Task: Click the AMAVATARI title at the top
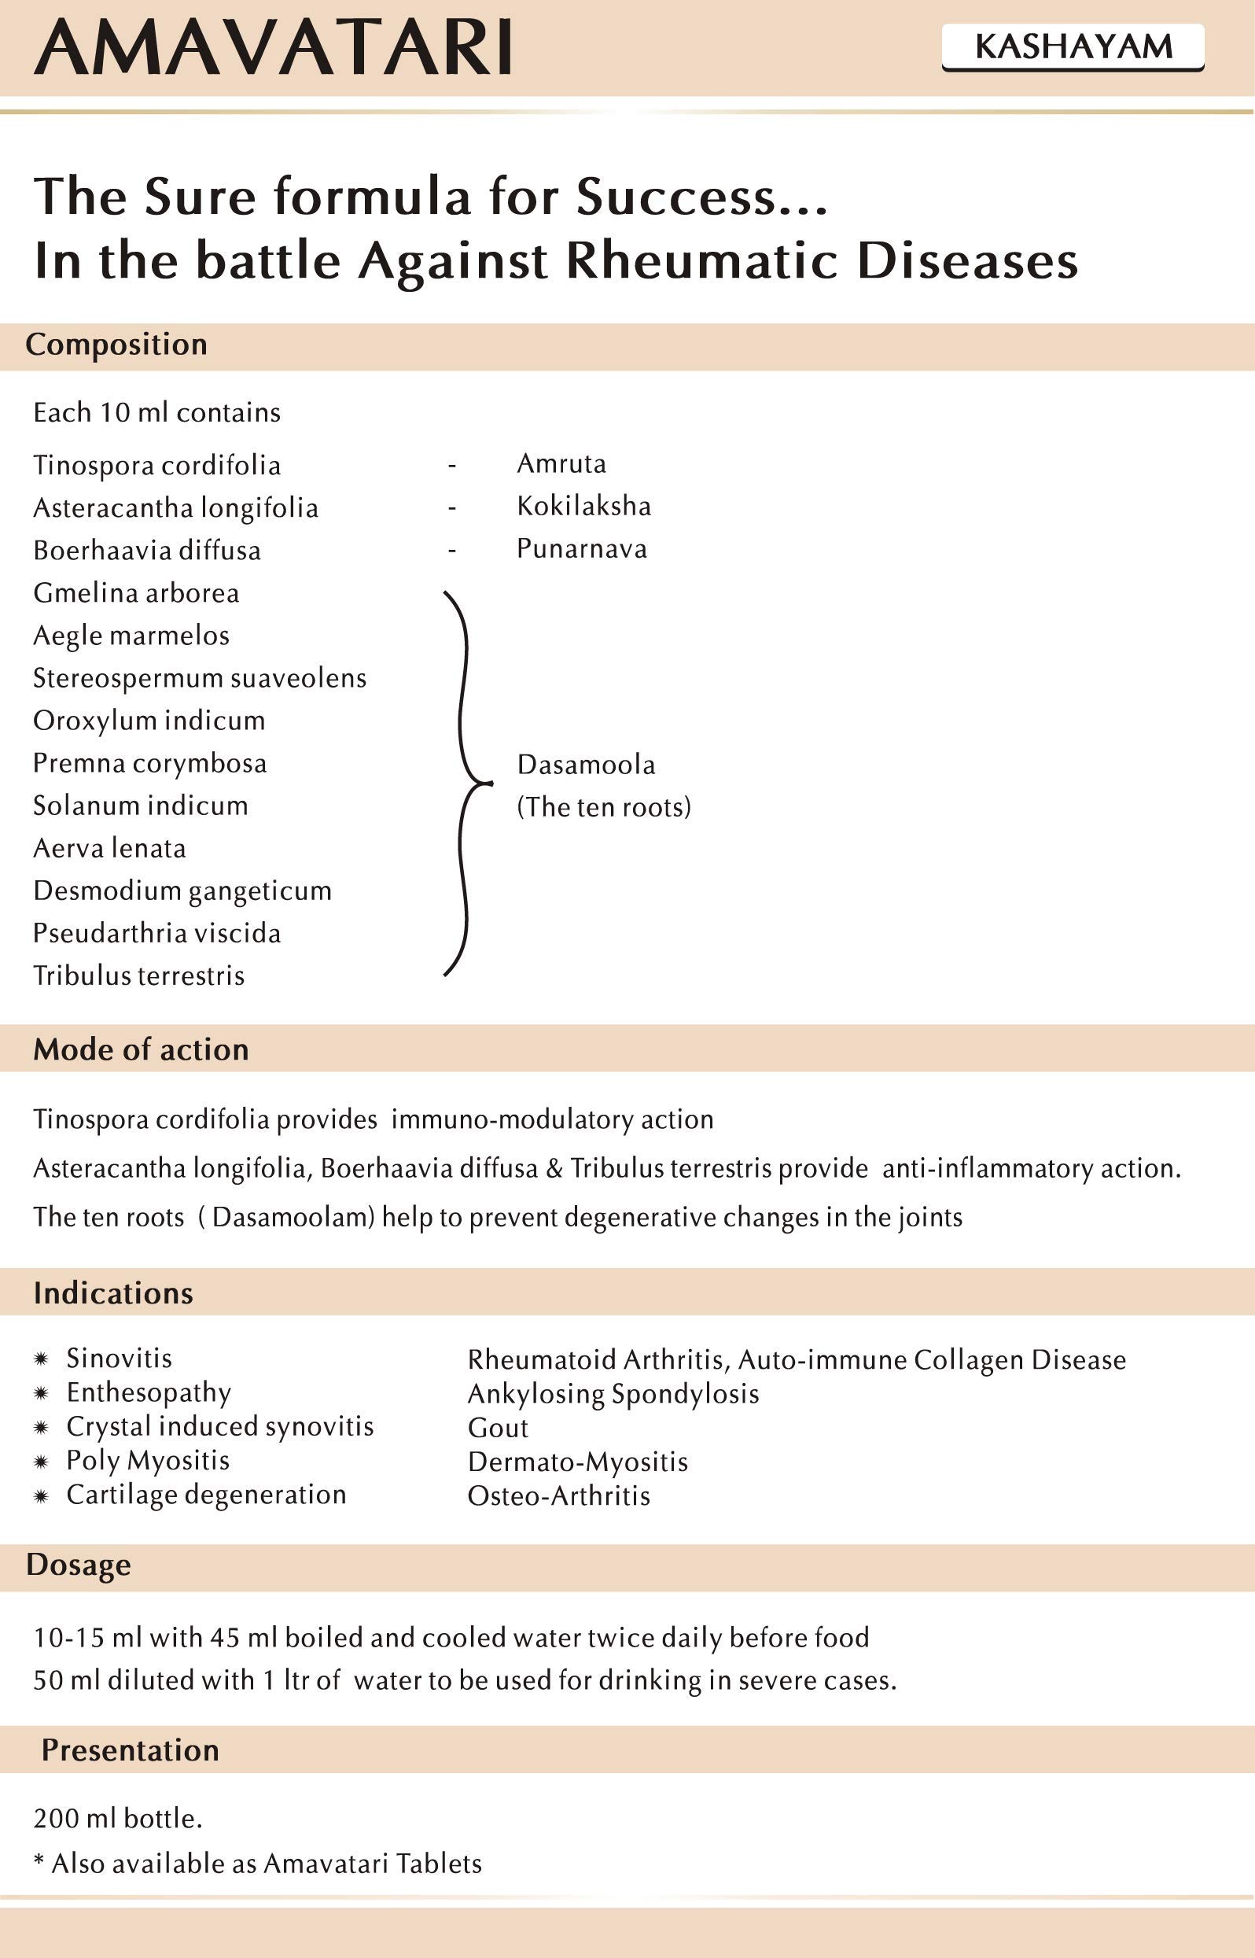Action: pyautogui.click(x=273, y=47)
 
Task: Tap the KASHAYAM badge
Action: pyautogui.click(x=1073, y=47)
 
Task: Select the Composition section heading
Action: pyautogui.click(x=116, y=345)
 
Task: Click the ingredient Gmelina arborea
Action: pyautogui.click(x=136, y=593)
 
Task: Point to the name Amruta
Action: pyautogui.click(x=561, y=464)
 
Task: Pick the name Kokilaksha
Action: pyautogui.click(x=583, y=506)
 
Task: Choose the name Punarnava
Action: pyautogui.click(x=582, y=548)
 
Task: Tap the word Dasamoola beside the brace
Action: pyautogui.click(x=586, y=765)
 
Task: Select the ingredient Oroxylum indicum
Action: pyautogui.click(x=149, y=721)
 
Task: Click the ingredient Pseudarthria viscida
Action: pyautogui.click(x=156, y=933)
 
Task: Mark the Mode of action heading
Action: pyautogui.click(x=141, y=1050)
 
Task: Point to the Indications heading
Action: pyautogui.click(x=113, y=1293)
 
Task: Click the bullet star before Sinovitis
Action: pyautogui.click(x=41, y=1359)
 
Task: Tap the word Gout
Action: pyautogui.click(x=498, y=1428)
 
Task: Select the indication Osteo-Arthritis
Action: pyautogui.click(x=559, y=1496)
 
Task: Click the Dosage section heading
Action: pyautogui.click(x=78, y=1565)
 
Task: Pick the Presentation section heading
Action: pyautogui.click(x=131, y=1751)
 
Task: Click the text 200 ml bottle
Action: pyautogui.click(x=118, y=1819)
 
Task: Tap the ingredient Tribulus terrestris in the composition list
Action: pyautogui.click(x=138, y=975)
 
